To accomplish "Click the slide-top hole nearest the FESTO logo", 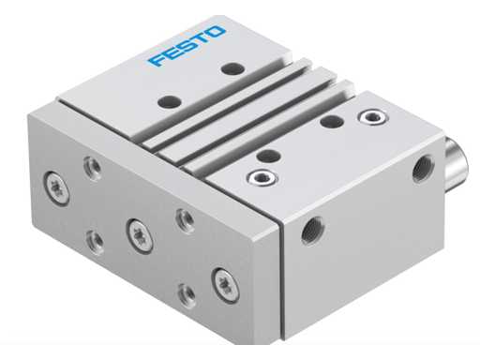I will (231, 68).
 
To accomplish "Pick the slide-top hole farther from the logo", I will (169, 99).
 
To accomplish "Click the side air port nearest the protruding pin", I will (418, 171).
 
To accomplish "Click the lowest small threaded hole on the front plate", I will (187, 294).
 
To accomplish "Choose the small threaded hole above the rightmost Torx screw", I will (186, 219).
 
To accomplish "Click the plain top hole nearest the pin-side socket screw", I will (329, 120).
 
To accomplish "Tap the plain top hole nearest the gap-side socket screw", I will (267, 156).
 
